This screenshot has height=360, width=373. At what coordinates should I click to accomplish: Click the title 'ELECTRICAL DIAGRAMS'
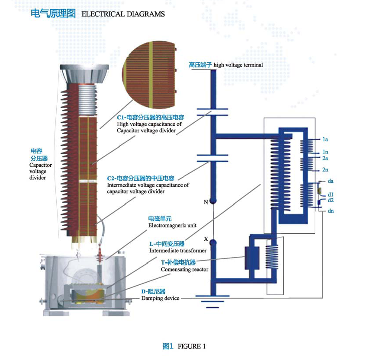123,14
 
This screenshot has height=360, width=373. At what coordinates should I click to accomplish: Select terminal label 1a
325,140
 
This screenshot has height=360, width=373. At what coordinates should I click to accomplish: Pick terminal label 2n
325,170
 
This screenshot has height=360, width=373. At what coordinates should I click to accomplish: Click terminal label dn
330,210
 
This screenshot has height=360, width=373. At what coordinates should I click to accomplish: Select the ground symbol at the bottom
212,301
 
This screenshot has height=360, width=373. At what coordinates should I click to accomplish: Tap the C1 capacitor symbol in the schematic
212,112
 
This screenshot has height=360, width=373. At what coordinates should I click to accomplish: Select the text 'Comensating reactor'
184,269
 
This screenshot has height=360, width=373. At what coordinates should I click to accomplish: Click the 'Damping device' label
160,298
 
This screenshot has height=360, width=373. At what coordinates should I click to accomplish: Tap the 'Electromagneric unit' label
172,225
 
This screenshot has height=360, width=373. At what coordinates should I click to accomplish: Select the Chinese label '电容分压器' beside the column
36,155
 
